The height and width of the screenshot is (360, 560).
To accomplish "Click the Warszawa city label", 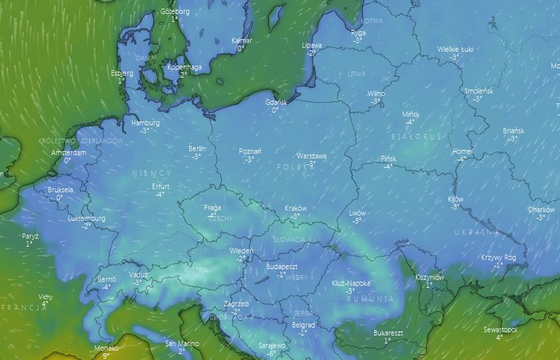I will click(311, 156).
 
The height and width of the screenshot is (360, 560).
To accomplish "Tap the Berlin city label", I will click(197, 149).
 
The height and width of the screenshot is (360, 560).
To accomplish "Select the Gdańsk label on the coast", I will click(275, 103).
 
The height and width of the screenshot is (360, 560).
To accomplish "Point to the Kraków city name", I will click(295, 208).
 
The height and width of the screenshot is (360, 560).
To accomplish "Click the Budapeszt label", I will click(281, 267).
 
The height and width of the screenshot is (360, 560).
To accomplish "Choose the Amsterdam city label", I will click(68, 153).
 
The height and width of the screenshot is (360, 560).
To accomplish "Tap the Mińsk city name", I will click(411, 115).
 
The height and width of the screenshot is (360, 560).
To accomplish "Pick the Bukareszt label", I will click(388, 333).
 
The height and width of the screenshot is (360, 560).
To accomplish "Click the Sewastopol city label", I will click(500, 330).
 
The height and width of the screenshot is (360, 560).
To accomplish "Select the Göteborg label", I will click(175, 12).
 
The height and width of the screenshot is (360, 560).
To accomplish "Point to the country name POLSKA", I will click(295, 168).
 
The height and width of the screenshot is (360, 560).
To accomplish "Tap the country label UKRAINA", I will click(476, 232).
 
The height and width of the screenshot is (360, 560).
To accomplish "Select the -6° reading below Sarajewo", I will click(271, 353).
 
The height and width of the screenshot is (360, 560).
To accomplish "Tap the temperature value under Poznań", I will click(249, 159).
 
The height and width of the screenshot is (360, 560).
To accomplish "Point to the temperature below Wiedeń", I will click(241, 259).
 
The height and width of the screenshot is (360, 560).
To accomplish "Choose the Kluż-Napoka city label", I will click(351, 283).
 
